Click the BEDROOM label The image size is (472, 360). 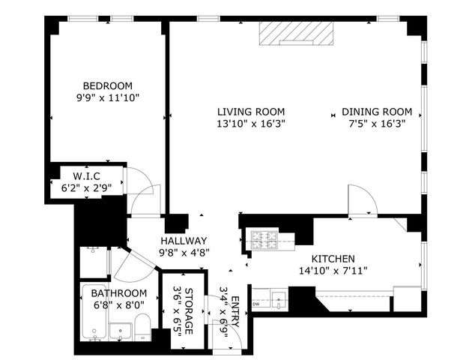click(x=107, y=85)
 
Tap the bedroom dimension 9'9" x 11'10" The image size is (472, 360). click(x=107, y=97)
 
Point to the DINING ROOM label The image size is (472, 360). click(x=377, y=112)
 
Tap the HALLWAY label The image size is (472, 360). click(x=184, y=241)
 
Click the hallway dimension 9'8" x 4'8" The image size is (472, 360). click(x=184, y=253)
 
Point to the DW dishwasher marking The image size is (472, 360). click(x=257, y=304)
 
